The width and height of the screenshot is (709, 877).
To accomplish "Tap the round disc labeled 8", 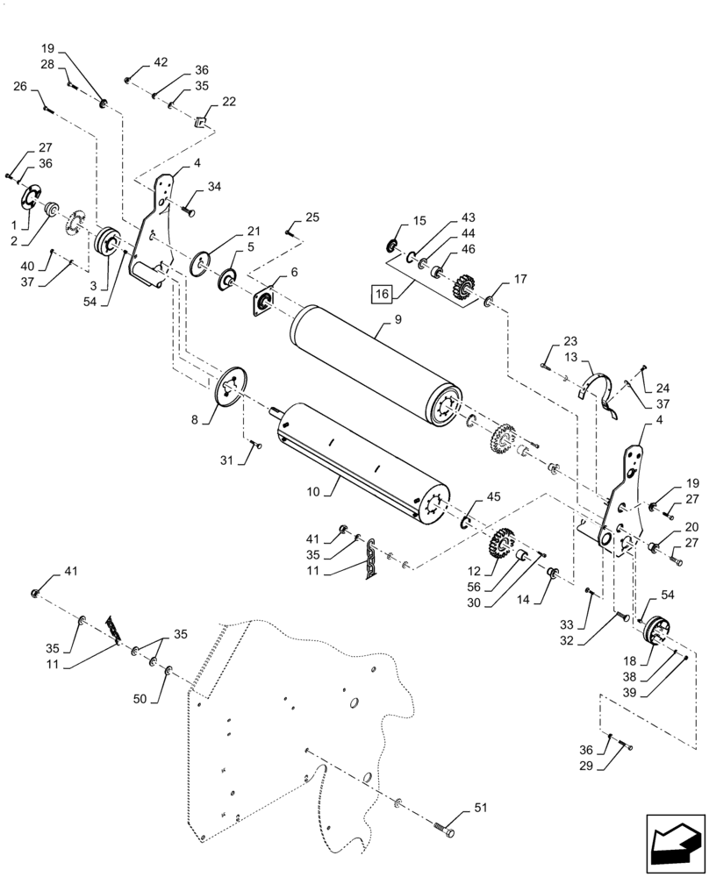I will (x=233, y=387).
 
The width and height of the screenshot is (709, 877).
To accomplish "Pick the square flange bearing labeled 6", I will (x=261, y=301).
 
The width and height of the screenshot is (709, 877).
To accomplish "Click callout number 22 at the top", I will (x=229, y=102).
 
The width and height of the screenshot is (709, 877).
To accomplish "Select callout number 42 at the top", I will (x=161, y=62).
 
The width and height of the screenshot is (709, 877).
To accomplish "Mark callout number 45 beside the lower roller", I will (x=494, y=497).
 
